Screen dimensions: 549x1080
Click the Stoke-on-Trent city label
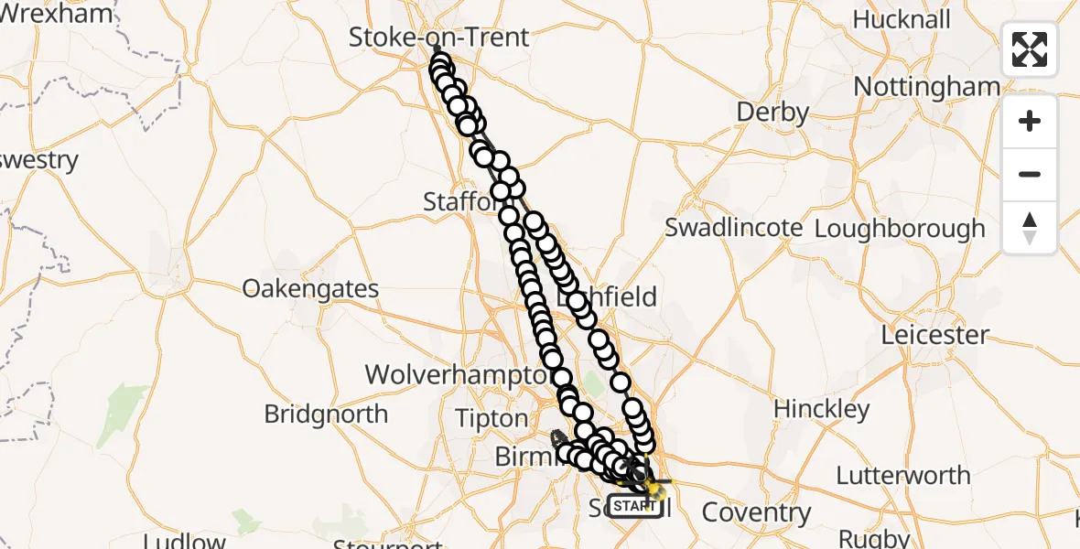[x=439, y=38]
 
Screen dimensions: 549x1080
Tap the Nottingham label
[x=926, y=87]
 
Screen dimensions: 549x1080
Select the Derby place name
[x=772, y=113]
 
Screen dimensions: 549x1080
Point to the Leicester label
[x=934, y=335]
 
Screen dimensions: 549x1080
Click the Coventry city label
[x=756, y=512]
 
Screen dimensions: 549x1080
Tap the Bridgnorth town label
[x=326, y=414]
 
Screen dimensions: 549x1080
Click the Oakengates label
[x=310, y=289]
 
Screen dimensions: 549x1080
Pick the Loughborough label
[x=900, y=229]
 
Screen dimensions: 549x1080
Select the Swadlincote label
[x=734, y=228]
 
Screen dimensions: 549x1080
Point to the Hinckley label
[x=821, y=409]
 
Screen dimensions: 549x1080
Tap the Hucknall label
[x=902, y=19]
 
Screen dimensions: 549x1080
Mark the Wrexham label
[x=57, y=14]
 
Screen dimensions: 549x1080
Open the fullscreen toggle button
[x=1030, y=49]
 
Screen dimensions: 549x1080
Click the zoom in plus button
[x=1030, y=122]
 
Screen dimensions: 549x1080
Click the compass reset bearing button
[x=1030, y=228]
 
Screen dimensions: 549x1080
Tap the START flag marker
[x=634, y=506]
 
